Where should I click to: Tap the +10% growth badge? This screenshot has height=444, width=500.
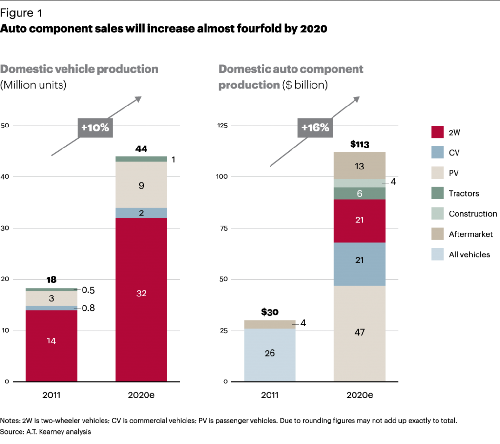click(x=95, y=128)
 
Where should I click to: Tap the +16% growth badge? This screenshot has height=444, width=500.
click(x=315, y=128)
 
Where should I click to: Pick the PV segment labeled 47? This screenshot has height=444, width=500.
click(x=360, y=333)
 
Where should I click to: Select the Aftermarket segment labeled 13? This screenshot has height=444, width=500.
click(x=360, y=166)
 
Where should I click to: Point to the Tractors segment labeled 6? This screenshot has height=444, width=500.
click(x=360, y=193)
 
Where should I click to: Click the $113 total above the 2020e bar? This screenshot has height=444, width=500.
click(x=359, y=145)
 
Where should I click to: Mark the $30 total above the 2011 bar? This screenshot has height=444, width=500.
click(x=269, y=312)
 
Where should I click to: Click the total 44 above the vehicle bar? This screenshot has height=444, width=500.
click(x=141, y=148)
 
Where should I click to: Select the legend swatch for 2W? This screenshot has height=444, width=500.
click(x=437, y=132)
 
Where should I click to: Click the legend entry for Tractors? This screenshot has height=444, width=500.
click(x=464, y=194)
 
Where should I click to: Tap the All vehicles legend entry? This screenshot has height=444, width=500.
click(x=469, y=254)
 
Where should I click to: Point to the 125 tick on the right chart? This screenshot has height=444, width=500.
click(x=223, y=126)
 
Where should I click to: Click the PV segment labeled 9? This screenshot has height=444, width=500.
click(x=141, y=185)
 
